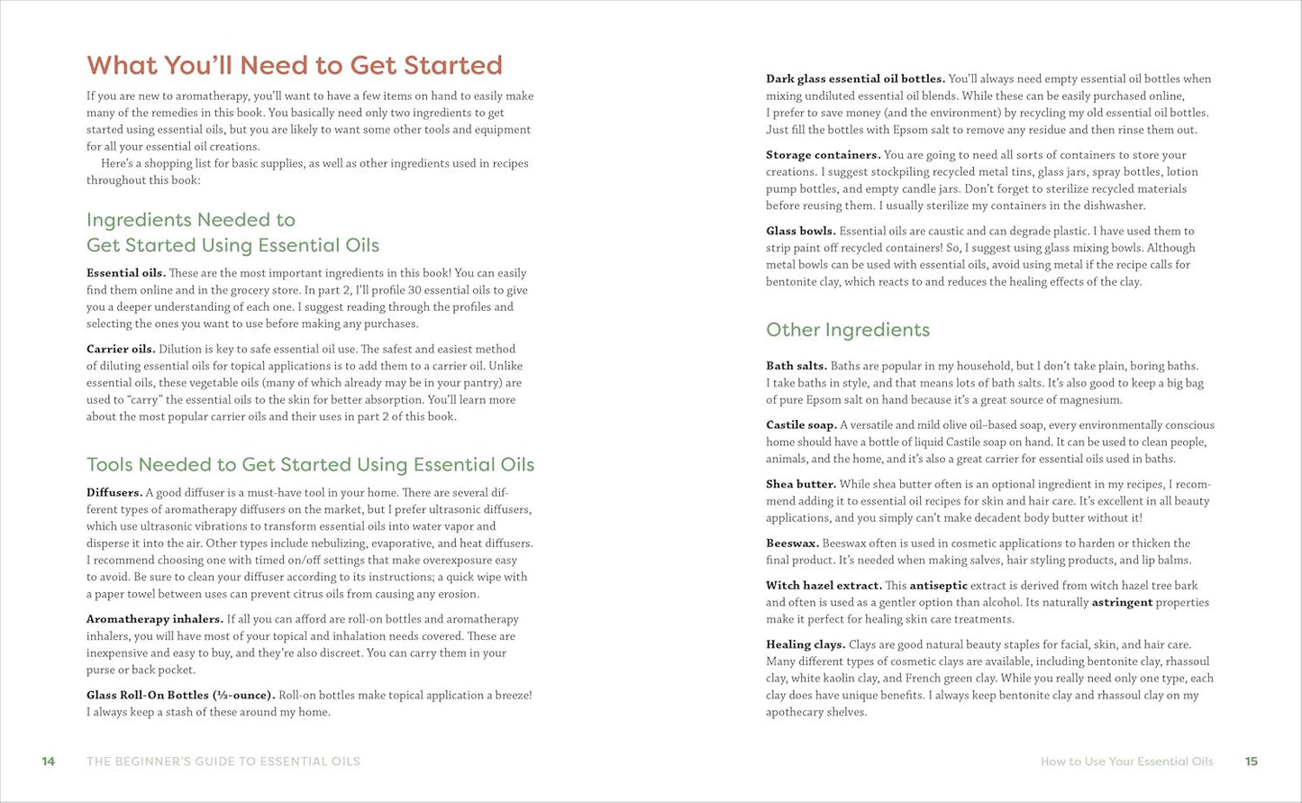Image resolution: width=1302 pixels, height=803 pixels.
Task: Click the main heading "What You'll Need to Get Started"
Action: pos(295,65)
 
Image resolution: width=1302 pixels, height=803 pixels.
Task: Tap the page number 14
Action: pos(49,762)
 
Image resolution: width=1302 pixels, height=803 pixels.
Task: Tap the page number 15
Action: pos(1252,762)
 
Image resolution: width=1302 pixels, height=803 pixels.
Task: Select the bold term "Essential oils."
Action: pos(126,273)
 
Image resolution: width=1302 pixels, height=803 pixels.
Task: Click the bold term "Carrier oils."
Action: pos(121,349)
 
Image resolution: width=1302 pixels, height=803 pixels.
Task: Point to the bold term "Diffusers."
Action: pos(114,493)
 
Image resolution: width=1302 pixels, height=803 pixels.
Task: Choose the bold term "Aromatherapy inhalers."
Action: pos(155,619)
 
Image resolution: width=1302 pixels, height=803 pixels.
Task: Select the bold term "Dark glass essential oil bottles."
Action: pos(855,79)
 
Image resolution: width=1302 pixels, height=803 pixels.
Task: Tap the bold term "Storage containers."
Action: pos(824,155)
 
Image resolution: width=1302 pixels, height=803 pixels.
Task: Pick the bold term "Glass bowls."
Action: pos(801,231)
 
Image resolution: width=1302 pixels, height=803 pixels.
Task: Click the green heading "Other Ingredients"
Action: pos(848,330)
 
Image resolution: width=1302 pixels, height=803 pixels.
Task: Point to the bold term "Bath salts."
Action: pos(797,366)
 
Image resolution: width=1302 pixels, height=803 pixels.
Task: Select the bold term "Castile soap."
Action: pos(801,425)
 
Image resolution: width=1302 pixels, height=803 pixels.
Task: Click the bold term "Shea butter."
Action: pos(801,484)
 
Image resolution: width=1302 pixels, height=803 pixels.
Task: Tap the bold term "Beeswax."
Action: pos(793,543)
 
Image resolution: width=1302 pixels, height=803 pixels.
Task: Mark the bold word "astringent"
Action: pos(1122,602)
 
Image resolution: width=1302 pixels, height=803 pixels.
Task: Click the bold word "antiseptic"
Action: pos(938,586)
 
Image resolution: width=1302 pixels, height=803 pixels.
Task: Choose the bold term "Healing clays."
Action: pos(806,644)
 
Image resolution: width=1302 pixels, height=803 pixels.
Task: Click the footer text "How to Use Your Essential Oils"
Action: pos(1126,762)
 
